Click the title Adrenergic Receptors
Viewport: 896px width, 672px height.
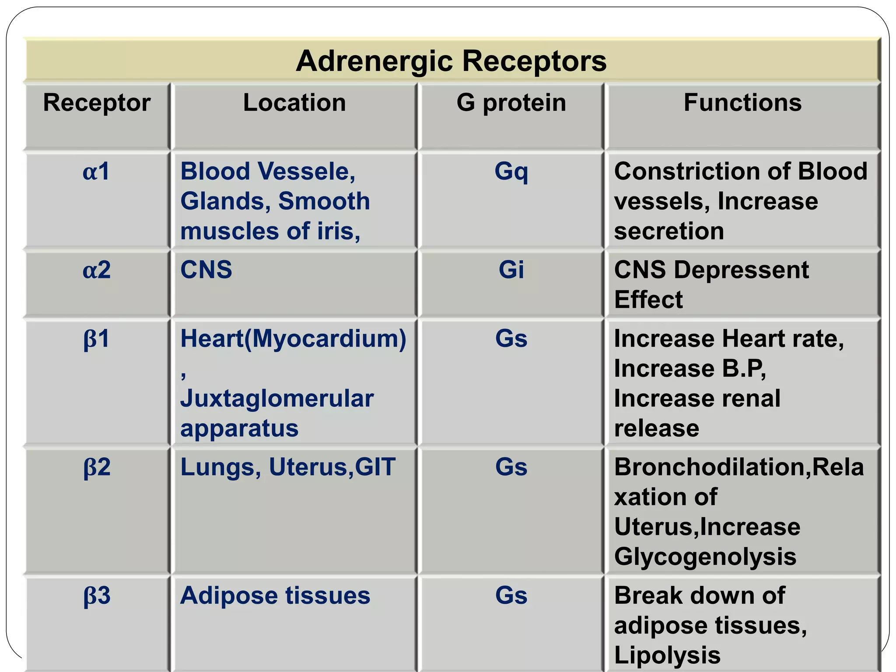[x=451, y=61]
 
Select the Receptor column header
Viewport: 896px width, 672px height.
[x=97, y=103]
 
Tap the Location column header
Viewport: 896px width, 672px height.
[x=294, y=103]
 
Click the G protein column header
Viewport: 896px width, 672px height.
[x=511, y=103]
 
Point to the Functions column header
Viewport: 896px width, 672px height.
[x=742, y=103]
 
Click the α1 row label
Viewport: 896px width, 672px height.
[x=96, y=171]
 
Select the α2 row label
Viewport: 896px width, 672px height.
[x=97, y=269]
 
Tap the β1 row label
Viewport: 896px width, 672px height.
[x=96, y=339]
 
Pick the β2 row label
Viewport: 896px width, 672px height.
[x=97, y=467]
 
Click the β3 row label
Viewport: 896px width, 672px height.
[x=97, y=595]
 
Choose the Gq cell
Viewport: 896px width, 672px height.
[x=511, y=172]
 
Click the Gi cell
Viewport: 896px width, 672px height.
[x=511, y=269]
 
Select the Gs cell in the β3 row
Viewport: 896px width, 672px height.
[x=511, y=595]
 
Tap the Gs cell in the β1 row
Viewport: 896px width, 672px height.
[x=511, y=339]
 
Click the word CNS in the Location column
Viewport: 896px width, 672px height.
[x=206, y=269]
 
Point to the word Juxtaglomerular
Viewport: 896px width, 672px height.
[x=277, y=399]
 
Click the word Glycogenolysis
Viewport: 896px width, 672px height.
[x=705, y=556]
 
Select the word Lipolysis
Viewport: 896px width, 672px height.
[x=667, y=655]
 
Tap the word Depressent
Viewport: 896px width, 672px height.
[x=741, y=270]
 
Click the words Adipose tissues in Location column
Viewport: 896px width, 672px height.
[x=275, y=595]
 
